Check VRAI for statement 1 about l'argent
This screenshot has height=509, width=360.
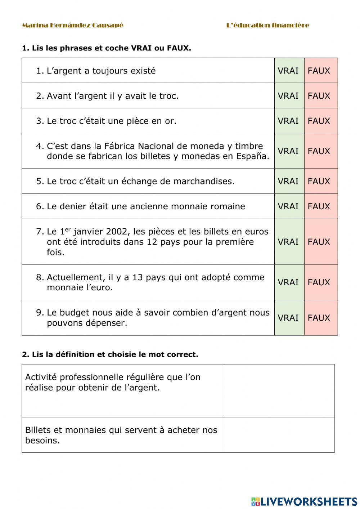[x=288, y=71]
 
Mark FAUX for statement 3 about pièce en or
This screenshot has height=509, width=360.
[x=319, y=121]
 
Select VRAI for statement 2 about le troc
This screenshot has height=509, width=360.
[x=288, y=96]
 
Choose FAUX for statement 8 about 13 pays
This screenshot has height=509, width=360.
[x=319, y=282]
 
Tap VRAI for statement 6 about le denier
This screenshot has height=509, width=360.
[x=288, y=206]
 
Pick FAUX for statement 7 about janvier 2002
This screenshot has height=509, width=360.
[x=319, y=242]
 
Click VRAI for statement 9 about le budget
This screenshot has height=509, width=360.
[x=288, y=318]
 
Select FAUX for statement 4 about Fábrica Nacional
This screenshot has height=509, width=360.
[x=319, y=151]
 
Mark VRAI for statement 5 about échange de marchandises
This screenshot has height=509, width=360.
[x=288, y=181]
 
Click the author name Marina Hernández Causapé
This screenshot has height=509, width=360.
[x=72, y=25]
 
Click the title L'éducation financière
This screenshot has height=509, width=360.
[x=267, y=25]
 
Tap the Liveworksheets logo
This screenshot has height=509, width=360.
[x=304, y=501]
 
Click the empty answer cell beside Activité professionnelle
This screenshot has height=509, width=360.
[x=278, y=390]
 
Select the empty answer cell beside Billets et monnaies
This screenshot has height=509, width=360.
[x=278, y=435]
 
